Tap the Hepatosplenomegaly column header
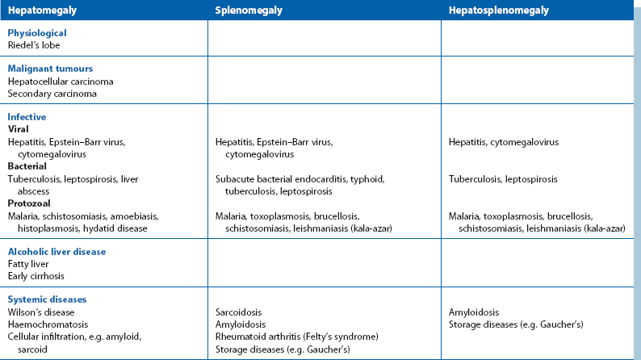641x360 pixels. (x=499, y=10)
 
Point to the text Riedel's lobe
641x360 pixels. (x=34, y=45)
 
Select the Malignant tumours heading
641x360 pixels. (x=50, y=69)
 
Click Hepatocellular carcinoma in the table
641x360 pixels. (x=61, y=82)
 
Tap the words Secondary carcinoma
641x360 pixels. (x=52, y=94)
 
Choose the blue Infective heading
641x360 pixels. (x=27, y=117)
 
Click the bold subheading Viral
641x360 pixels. (x=19, y=129)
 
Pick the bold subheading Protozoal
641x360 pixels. (x=28, y=203)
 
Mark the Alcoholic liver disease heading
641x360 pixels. (x=57, y=252)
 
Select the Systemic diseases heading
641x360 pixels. (x=47, y=299)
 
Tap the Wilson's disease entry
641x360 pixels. (x=41, y=312)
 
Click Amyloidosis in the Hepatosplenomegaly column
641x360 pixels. (x=474, y=312)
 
